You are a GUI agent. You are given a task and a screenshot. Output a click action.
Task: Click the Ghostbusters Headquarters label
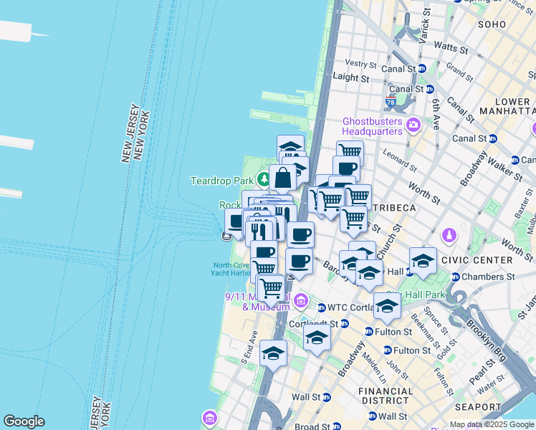tap(373, 126)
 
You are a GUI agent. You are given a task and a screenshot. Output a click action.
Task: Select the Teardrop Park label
tap(221, 180)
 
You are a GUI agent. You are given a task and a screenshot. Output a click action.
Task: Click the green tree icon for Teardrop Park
tap(264, 178)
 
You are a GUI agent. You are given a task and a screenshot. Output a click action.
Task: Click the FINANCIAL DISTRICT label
tap(388, 396)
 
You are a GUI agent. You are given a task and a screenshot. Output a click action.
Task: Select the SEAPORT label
tap(478, 406)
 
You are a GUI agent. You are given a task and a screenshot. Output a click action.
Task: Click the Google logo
tap(24, 421)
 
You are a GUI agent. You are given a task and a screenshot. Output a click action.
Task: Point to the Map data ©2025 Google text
tap(492, 424)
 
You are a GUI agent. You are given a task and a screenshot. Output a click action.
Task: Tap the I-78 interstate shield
tap(391, 102)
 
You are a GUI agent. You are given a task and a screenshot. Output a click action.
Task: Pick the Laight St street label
tap(351, 77)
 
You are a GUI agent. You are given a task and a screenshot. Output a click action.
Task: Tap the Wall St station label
tap(310, 396)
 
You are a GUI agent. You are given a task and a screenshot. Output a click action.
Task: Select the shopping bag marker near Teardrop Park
tap(283, 178)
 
